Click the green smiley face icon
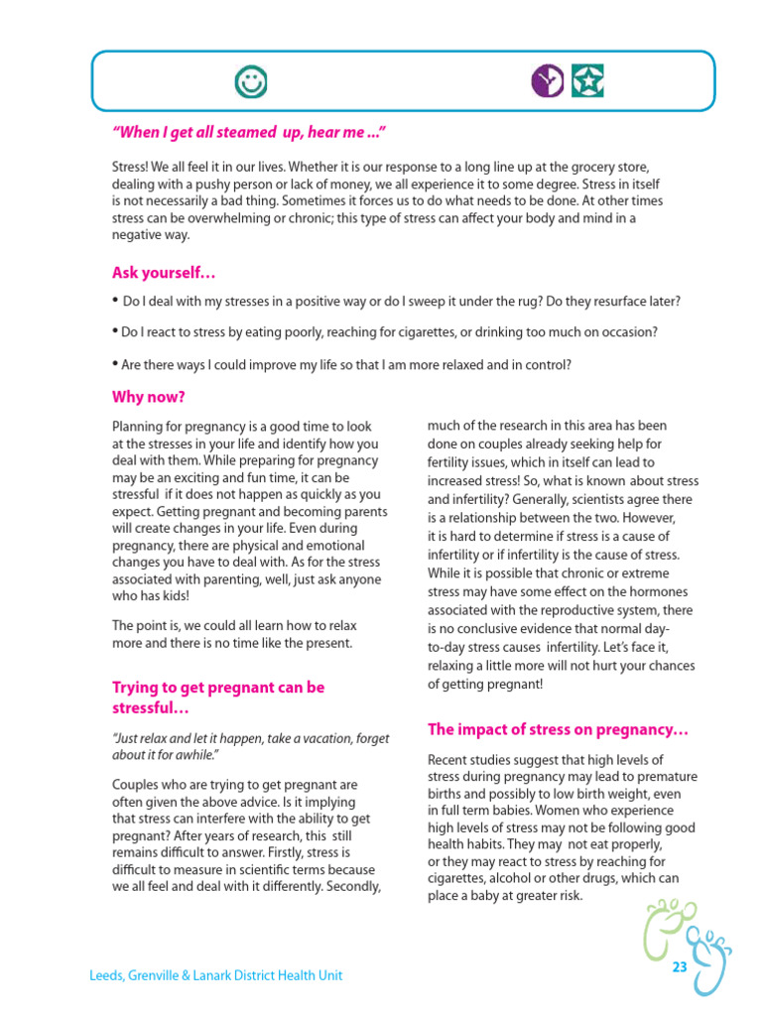coord(250,81)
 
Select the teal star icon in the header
coord(588,81)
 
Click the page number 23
coord(680,967)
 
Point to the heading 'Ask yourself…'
coord(164,273)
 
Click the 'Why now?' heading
coord(149,397)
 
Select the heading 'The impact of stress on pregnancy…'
coord(559,730)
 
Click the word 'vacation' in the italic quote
coord(335,739)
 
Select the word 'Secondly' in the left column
coord(350,886)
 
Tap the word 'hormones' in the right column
coord(661,592)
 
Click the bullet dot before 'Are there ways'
coord(115,364)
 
